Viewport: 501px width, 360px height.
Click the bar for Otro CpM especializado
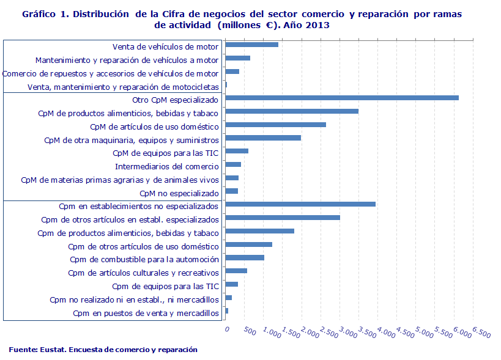[x=342, y=98]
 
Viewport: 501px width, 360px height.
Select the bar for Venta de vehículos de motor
[x=252, y=45]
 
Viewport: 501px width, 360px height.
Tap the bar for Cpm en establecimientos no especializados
[x=300, y=204]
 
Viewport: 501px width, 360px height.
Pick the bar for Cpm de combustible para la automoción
[x=245, y=258]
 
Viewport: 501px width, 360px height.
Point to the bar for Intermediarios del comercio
[x=233, y=164]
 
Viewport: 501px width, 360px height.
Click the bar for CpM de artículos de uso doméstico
[x=275, y=125]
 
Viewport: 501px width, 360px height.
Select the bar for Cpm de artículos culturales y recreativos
[x=236, y=271]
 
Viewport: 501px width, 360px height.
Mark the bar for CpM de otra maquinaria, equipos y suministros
[x=263, y=138]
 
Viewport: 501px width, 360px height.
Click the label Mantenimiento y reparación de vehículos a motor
[x=127, y=60]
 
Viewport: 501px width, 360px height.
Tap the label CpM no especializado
[x=179, y=193]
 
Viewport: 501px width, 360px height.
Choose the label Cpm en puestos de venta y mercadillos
[x=146, y=314]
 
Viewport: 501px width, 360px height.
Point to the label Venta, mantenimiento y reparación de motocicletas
[x=123, y=87]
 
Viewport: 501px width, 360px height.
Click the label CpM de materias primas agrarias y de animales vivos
[x=120, y=180]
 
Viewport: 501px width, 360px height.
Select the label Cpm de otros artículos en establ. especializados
[x=130, y=219]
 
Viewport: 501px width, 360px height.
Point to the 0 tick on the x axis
[x=227, y=329]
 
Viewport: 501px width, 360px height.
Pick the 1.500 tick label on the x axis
[x=291, y=332]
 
